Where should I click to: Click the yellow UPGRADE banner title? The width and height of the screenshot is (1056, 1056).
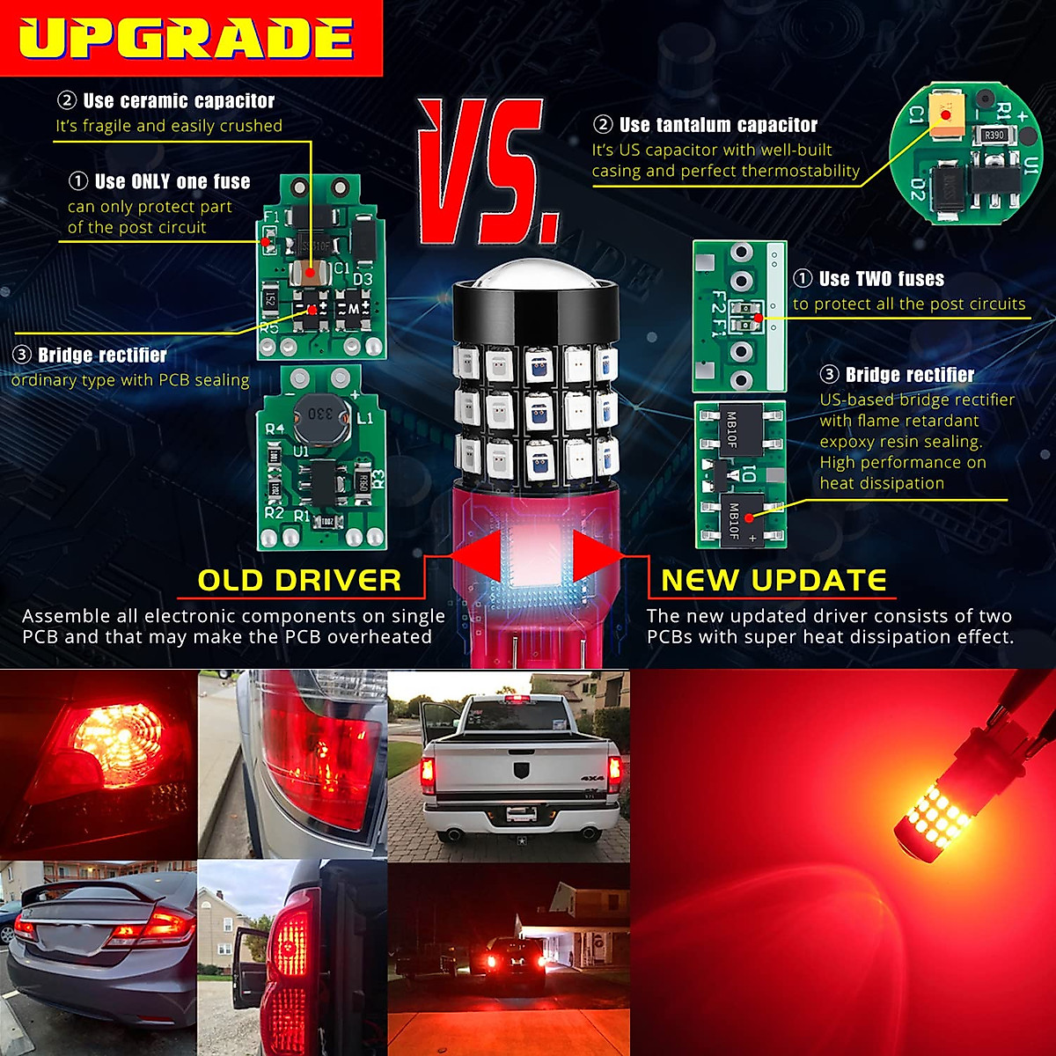[x=187, y=39]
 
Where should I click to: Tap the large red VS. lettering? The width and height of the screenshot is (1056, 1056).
[x=486, y=172]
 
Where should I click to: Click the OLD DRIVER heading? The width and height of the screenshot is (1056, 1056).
[x=299, y=581]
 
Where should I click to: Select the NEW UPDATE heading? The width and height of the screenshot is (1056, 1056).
[x=774, y=581]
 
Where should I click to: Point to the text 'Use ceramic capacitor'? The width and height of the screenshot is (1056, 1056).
[x=179, y=101]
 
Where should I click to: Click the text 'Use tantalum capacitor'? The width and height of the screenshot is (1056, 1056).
[x=718, y=125]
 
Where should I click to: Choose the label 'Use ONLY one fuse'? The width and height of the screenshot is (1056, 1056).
[x=172, y=182]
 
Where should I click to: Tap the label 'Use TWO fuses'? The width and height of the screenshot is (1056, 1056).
[x=881, y=279]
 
